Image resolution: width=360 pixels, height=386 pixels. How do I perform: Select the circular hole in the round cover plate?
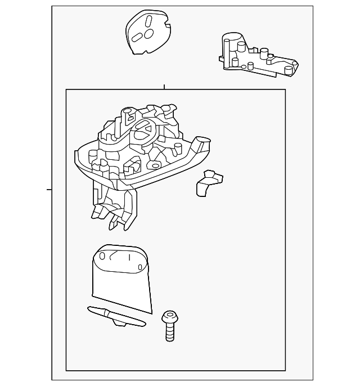click(x=150, y=34)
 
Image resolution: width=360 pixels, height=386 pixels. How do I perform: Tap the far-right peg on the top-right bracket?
click(x=289, y=70)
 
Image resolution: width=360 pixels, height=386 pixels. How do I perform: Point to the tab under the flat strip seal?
click(x=120, y=322)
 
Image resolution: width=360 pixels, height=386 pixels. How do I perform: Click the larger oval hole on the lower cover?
click(x=102, y=256)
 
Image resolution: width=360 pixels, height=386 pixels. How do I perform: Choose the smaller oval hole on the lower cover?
click(x=140, y=267)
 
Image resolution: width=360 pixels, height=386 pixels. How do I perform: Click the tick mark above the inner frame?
click(x=164, y=87)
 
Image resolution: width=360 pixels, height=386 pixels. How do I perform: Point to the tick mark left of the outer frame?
click(x=49, y=189)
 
